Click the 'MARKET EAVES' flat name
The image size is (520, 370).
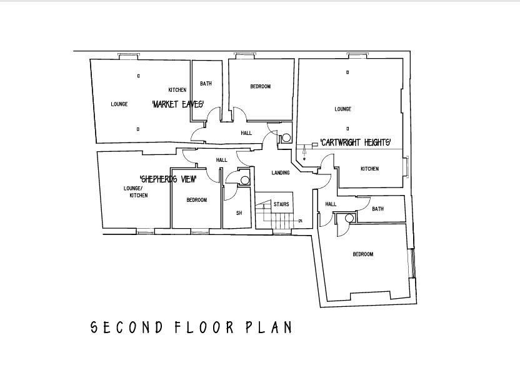pos(178,104)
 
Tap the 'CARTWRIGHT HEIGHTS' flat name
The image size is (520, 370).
pos(356,142)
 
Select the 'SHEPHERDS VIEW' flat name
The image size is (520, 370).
pos(168,179)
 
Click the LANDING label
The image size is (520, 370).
pos(280,173)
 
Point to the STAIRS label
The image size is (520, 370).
pos(281,204)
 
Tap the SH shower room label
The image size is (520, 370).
pos(239,213)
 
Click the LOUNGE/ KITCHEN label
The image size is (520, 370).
pos(136,192)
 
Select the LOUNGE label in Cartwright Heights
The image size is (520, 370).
pos(342,109)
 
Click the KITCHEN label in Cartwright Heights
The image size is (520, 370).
pos(369,169)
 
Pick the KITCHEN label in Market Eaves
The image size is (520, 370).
pos(177,90)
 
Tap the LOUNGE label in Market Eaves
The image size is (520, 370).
pos(119,104)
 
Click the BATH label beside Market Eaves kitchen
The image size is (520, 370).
pos(206,84)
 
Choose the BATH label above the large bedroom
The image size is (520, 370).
pos(377,209)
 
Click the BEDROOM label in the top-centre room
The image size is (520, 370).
pos(260,87)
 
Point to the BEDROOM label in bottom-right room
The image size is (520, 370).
pos(362,254)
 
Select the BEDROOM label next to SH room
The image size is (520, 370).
pos(196,200)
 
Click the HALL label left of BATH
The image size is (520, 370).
pos(331,204)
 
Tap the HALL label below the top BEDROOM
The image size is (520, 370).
pos(246,133)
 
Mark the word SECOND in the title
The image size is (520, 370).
pos(127,327)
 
